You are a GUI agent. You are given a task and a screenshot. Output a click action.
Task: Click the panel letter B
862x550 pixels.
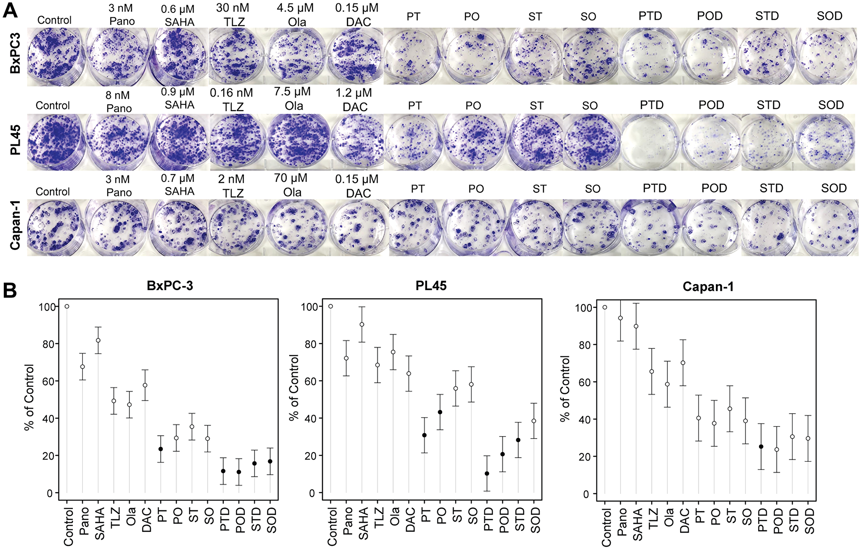pyautogui.click(x=10, y=291)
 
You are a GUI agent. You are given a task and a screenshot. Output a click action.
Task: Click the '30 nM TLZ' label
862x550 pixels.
pyautogui.click(x=233, y=14)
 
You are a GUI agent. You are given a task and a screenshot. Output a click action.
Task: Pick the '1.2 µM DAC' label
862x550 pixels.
pyautogui.click(x=355, y=100)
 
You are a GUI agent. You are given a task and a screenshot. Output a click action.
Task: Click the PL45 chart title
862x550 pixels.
pyautogui.click(x=431, y=286)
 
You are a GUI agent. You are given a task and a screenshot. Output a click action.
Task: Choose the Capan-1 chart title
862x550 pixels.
pyautogui.click(x=708, y=287)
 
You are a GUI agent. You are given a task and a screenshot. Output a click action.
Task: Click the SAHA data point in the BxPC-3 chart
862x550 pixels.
pyautogui.click(x=98, y=340)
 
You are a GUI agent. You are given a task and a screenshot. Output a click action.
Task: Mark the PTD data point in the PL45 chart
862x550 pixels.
pyautogui.click(x=487, y=474)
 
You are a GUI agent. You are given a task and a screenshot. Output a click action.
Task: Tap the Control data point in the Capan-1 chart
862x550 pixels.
pyautogui.click(x=605, y=307)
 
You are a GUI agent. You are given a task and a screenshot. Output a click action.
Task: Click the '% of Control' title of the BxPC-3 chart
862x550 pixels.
pyautogui.click(x=29, y=397)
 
